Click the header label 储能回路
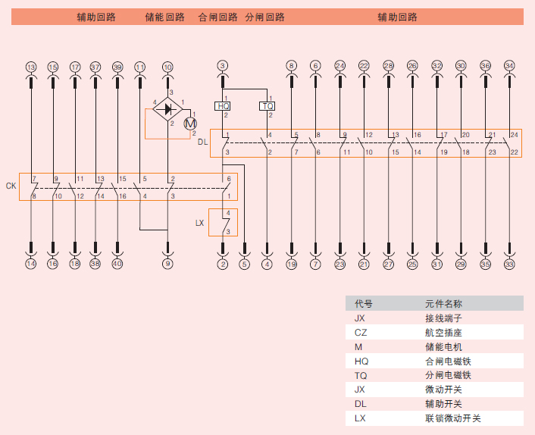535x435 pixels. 164,17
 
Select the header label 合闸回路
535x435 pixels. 217,17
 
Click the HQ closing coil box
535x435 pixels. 223,106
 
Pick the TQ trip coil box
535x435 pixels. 267,106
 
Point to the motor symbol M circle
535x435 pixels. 190,123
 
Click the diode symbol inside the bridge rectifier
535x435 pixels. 167,109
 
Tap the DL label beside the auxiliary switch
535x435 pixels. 202,142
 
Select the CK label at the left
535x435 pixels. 11,186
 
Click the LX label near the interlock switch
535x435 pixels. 199,223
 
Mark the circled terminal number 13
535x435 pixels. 31,67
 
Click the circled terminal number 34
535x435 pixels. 509,66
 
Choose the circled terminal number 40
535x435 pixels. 117,264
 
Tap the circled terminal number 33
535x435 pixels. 509,264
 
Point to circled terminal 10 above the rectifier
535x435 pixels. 167,67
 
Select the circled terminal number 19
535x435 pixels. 292,264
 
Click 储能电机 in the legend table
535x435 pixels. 443,346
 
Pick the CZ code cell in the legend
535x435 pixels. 361,332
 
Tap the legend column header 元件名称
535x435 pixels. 443,303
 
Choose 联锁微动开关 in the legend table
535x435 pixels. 452,418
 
